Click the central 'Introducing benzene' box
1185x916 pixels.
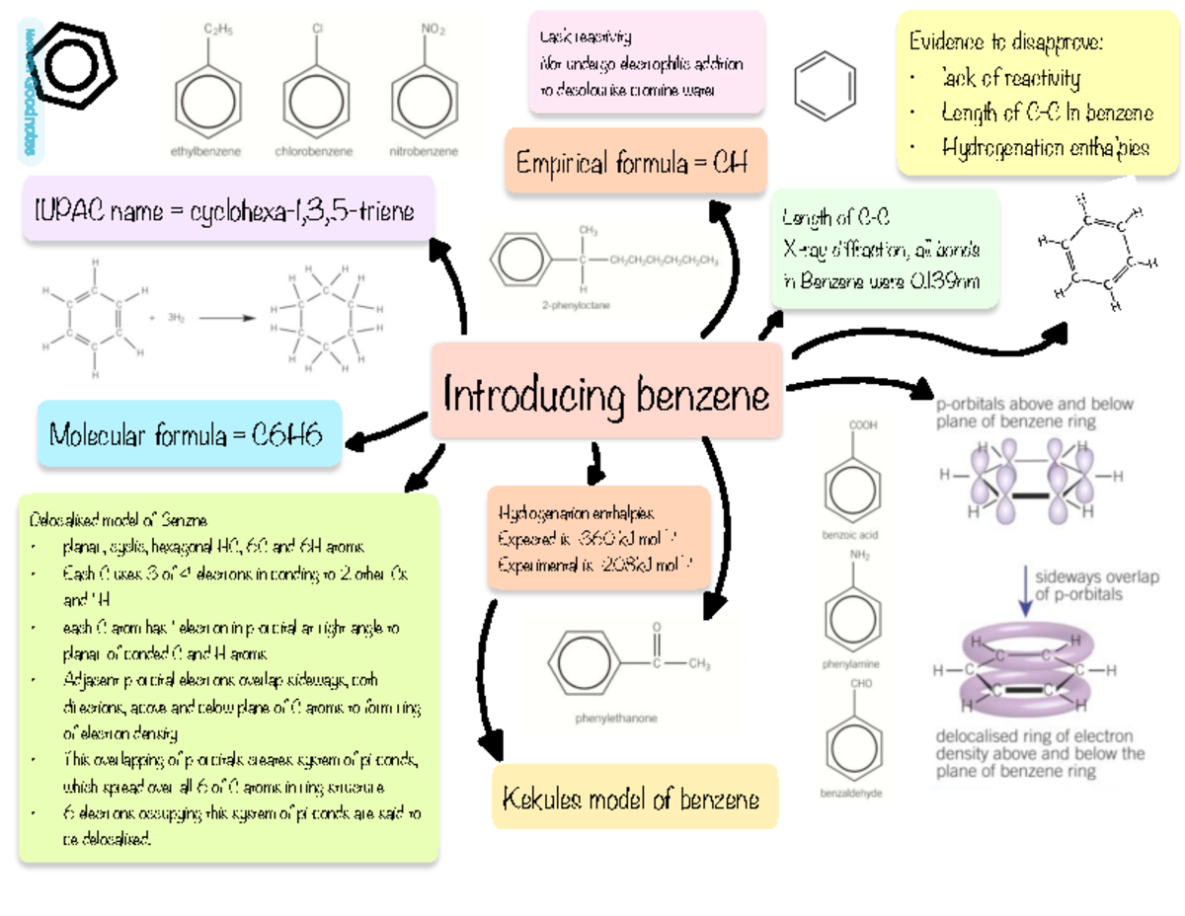pyautogui.click(x=606, y=396)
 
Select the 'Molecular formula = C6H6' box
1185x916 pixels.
pyautogui.click(x=188, y=434)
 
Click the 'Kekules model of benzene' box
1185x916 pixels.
pyautogui.click(x=634, y=799)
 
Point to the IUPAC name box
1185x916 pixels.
pyautogui.click(x=227, y=210)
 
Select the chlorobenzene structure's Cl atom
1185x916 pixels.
pyautogui.click(x=318, y=30)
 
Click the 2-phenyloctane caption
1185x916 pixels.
pyautogui.click(x=575, y=306)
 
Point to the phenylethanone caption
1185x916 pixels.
pyautogui.click(x=616, y=719)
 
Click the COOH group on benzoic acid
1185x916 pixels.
pyautogui.click(x=862, y=424)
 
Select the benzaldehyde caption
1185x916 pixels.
pyautogui.click(x=851, y=794)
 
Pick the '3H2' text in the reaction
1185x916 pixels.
pyautogui.click(x=176, y=319)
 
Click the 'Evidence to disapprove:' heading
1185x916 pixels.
pyautogui.click(x=1006, y=42)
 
